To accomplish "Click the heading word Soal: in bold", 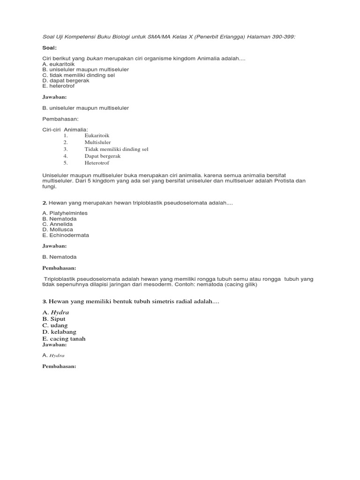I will tap(49, 47).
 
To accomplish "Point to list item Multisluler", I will tap(97, 142).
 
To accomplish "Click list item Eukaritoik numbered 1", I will tap(97, 135).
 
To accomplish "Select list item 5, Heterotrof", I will tap(97, 163).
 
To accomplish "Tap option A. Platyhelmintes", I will tap(65, 213).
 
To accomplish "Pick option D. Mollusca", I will tap(58, 230).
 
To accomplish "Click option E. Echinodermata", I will tap(66, 235).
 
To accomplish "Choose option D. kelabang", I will tap(59, 332).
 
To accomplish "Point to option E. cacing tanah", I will tap(64, 338).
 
